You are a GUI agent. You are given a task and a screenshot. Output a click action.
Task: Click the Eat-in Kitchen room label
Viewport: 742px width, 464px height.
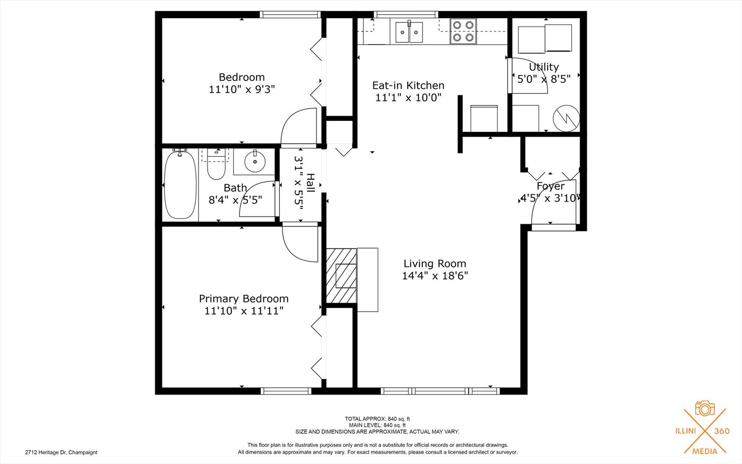(x=408, y=85)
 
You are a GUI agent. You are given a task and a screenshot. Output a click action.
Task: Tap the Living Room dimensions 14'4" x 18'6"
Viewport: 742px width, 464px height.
(x=435, y=276)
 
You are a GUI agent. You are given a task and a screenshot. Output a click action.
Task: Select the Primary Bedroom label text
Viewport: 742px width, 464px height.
(x=244, y=299)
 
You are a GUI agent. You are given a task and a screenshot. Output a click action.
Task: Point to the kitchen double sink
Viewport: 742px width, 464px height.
(x=409, y=32)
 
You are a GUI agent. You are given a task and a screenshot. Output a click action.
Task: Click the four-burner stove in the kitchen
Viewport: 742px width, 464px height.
(x=463, y=31)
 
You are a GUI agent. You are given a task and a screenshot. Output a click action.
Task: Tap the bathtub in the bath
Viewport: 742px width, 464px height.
(x=180, y=185)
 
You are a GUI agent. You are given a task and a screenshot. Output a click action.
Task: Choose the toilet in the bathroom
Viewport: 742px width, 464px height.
(x=216, y=164)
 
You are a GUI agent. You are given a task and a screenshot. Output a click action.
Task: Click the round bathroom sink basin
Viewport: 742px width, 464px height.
(x=255, y=162)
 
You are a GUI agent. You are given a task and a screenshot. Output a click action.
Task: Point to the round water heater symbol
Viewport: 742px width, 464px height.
(x=566, y=118)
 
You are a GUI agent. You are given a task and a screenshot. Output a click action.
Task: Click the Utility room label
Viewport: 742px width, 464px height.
(x=544, y=67)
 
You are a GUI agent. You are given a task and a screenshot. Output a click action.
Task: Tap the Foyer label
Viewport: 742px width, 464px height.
(x=551, y=186)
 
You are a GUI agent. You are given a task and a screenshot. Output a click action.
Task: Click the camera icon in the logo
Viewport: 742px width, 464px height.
(x=705, y=408)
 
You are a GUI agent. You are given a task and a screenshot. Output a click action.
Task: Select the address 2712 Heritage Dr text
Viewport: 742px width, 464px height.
(x=61, y=452)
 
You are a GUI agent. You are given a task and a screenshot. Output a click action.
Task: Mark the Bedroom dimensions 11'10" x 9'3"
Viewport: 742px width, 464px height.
(x=242, y=89)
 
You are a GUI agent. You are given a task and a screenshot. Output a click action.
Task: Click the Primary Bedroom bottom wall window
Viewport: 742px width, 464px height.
(x=286, y=391)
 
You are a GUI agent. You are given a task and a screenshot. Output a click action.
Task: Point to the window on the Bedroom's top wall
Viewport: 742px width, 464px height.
(x=291, y=15)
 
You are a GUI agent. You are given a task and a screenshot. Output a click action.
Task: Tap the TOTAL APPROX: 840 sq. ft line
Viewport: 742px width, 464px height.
(x=377, y=419)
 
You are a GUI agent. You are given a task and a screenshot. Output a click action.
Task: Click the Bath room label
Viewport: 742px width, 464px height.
(x=235, y=188)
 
